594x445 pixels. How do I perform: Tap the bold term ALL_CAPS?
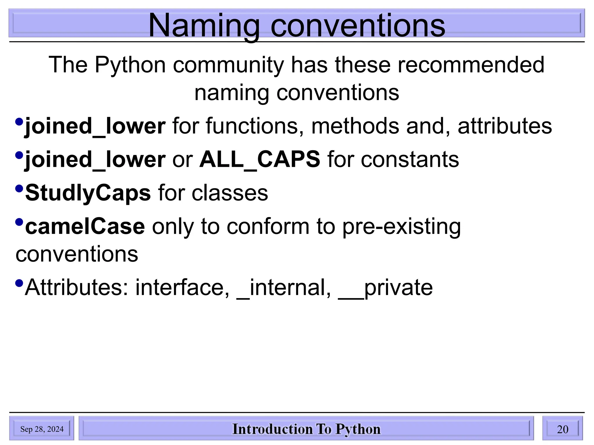(260, 159)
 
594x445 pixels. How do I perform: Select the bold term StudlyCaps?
(88, 193)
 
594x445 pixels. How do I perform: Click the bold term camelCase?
(85, 227)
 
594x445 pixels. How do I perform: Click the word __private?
(385, 287)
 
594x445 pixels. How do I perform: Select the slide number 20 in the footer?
(562, 429)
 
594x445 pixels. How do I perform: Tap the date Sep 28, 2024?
(42, 429)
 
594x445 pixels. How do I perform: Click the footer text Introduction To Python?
(306, 429)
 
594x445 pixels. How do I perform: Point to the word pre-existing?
(401, 227)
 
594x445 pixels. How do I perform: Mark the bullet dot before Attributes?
(19, 283)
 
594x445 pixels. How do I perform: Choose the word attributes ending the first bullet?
(505, 126)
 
